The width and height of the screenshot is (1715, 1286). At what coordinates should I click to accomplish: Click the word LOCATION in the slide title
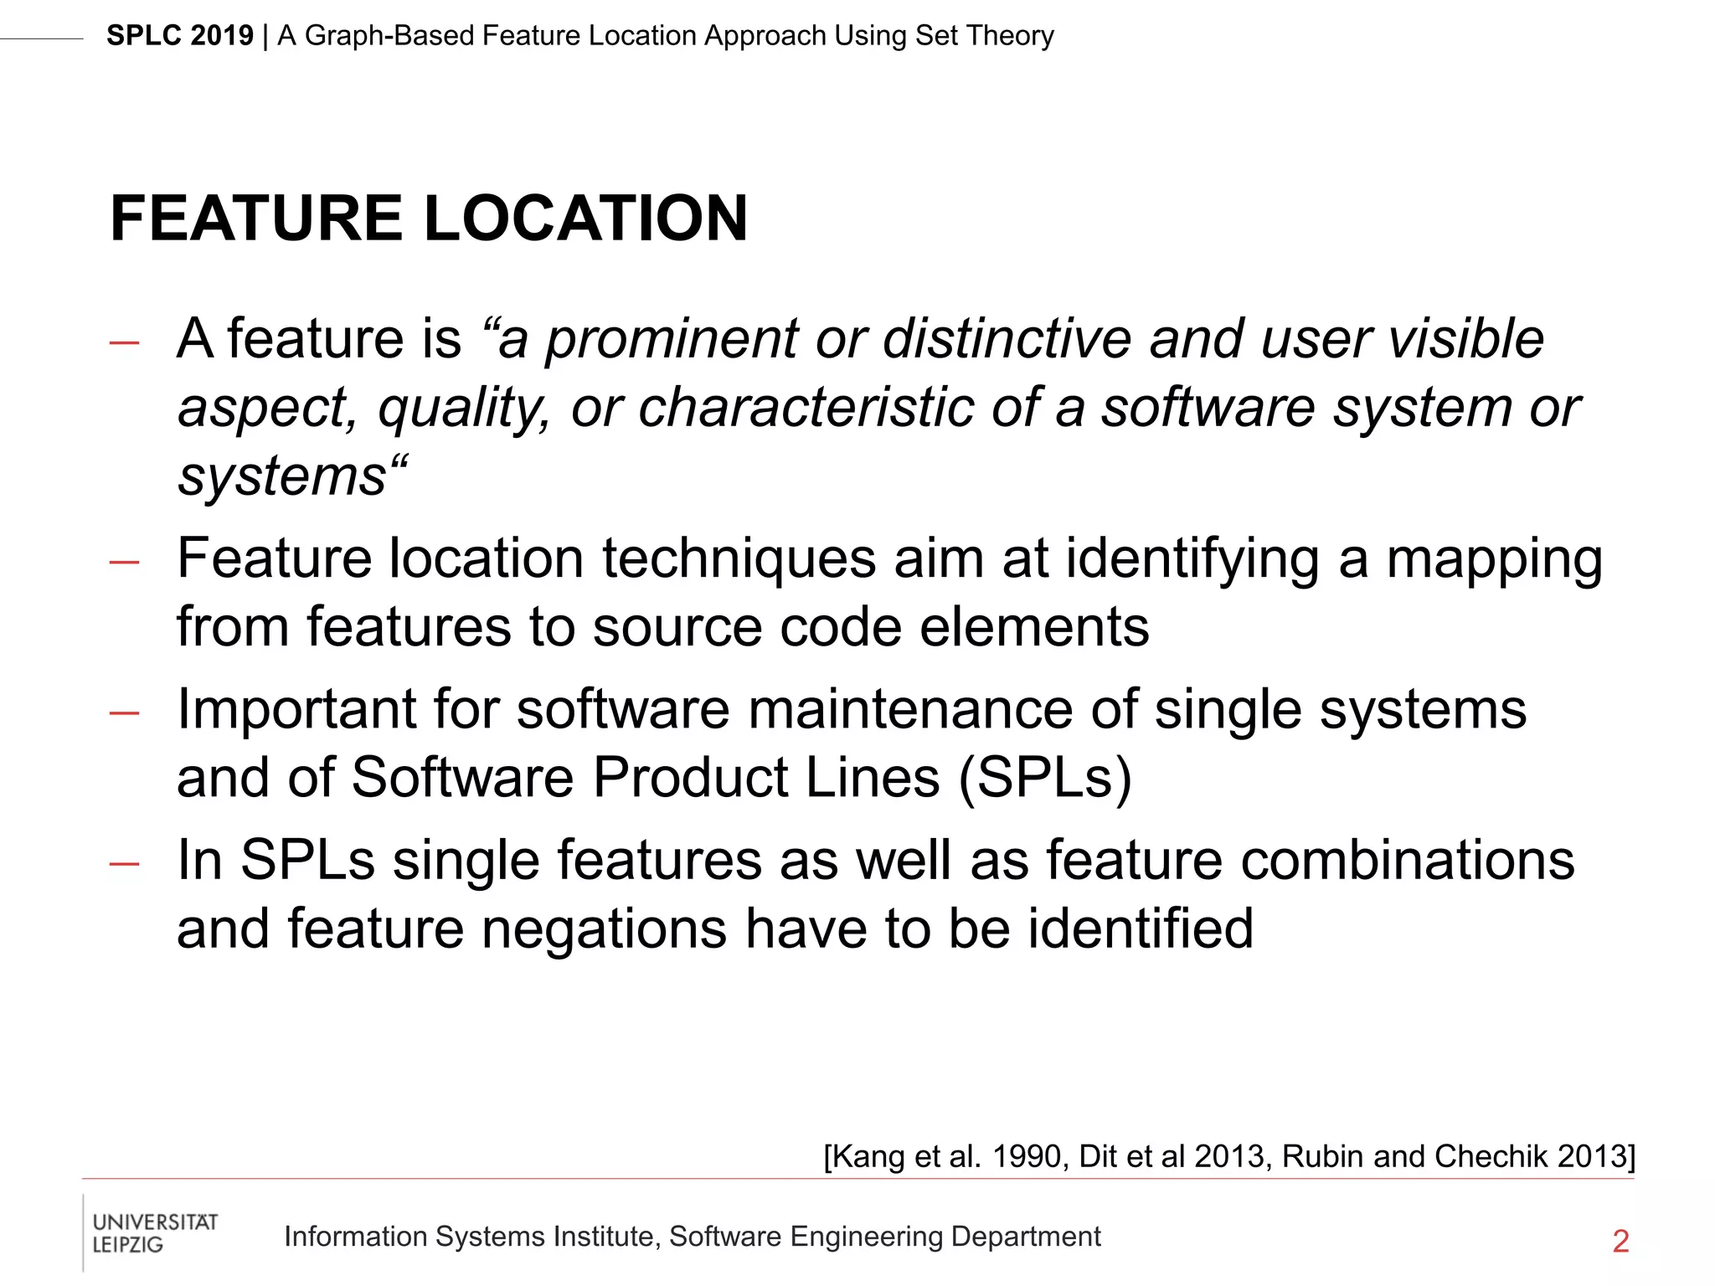[x=585, y=219]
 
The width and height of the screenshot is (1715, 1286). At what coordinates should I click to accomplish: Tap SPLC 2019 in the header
[x=179, y=36]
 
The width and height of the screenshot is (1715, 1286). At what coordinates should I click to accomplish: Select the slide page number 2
[x=1620, y=1241]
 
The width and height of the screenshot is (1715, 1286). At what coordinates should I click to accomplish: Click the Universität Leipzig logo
[x=154, y=1233]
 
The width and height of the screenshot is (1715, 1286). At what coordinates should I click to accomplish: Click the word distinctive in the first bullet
[x=1007, y=339]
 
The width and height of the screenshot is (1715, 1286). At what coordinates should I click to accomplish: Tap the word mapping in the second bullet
[x=1494, y=559]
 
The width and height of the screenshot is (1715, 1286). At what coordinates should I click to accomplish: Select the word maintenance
[x=909, y=710]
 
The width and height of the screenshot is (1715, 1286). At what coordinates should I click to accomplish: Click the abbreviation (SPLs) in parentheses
[x=1045, y=778]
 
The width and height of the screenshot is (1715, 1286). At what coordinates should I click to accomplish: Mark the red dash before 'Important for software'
[x=124, y=713]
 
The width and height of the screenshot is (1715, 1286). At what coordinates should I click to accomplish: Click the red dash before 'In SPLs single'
[x=124, y=864]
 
